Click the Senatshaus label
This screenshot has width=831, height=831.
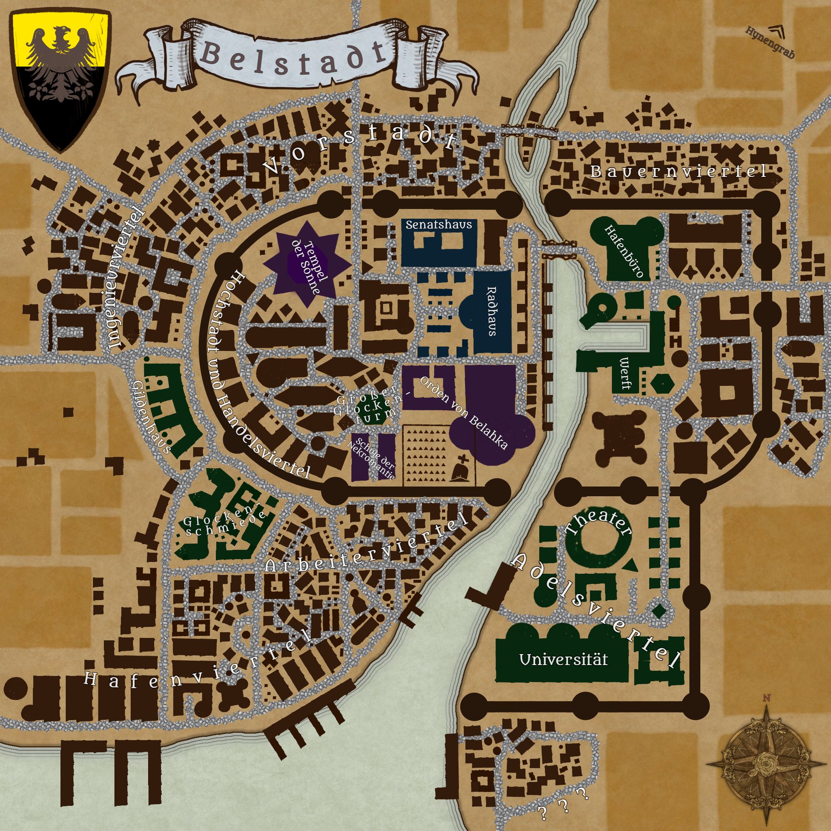[x=439, y=224]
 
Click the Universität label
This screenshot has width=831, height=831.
[x=564, y=659]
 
